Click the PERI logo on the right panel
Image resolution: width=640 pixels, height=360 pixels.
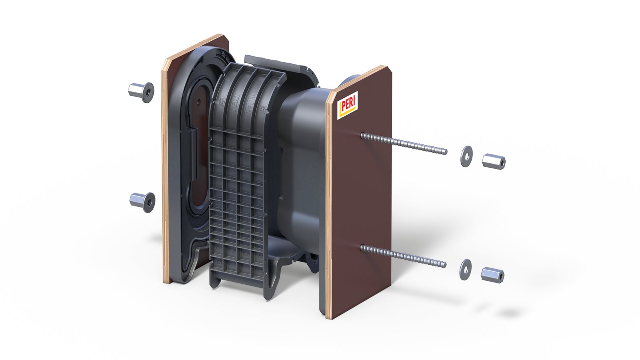[x=348, y=105]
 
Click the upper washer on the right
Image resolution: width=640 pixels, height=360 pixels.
[x=466, y=156]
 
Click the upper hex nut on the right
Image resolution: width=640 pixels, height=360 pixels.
[x=494, y=161]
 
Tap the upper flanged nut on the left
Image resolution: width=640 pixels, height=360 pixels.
[x=142, y=92]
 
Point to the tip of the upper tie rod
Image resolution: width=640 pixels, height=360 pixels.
[x=445, y=152]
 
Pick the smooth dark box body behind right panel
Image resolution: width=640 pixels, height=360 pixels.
[x=304, y=132]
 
